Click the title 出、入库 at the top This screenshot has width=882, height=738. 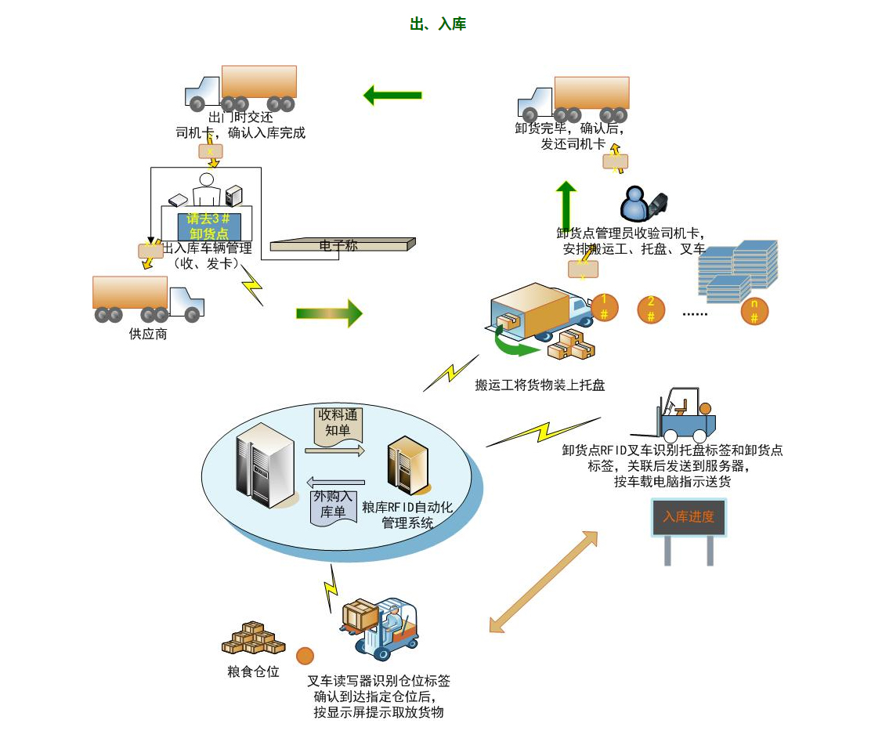tap(438, 24)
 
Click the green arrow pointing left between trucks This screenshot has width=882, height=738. tap(392, 96)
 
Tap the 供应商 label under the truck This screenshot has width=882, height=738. tap(148, 335)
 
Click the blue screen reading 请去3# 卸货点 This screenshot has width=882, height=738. tap(208, 226)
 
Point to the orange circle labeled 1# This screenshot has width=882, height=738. tap(605, 308)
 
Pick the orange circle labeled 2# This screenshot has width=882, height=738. tap(651, 309)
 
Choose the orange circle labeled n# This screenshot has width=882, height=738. tap(754, 311)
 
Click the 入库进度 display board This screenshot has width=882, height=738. tap(689, 518)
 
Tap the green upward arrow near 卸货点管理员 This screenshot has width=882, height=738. tap(566, 204)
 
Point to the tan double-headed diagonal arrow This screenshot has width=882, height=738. tap(543, 581)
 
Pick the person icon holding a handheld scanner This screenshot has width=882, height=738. tap(642, 204)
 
